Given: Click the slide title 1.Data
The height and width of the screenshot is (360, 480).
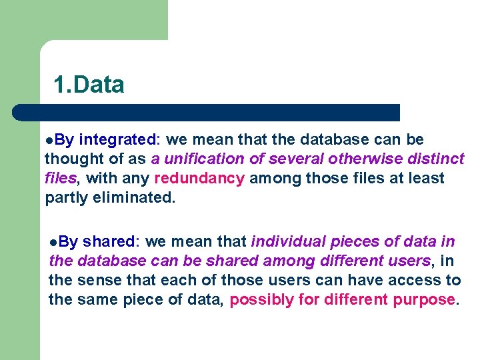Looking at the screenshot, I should pos(89,85).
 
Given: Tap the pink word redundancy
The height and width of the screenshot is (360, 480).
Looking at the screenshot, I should pos(199,179).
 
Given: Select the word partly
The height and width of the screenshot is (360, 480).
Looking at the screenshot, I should pos(65,198).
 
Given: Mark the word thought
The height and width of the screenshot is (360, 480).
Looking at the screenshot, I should pos(70,159).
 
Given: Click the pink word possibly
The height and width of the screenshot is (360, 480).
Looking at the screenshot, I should pos(261,299).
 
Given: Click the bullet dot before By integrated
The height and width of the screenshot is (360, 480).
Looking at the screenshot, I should pos(49,141).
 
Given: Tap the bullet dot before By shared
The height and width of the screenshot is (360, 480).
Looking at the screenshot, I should pos(54,243).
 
